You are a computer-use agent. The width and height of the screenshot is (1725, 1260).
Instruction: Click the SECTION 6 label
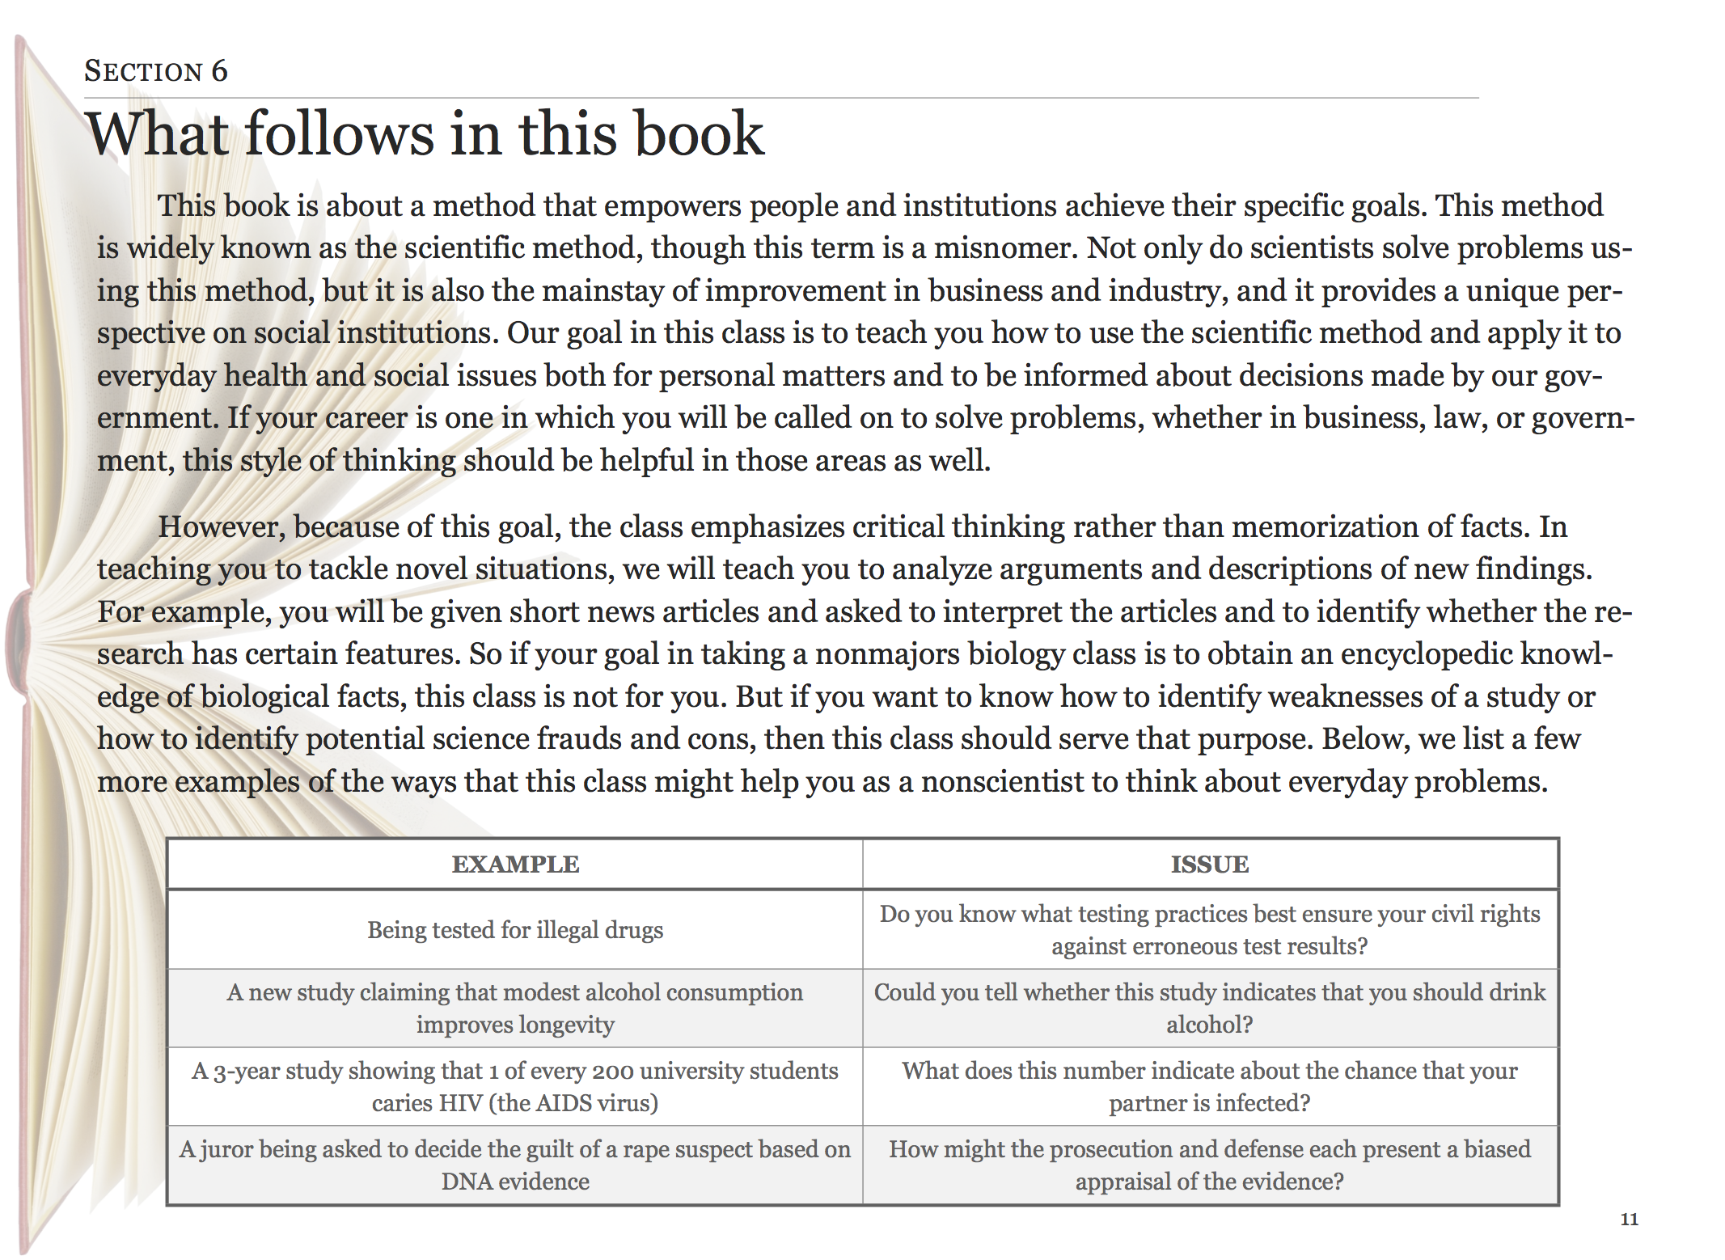coord(156,71)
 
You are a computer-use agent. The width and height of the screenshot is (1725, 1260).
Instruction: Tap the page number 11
coord(1629,1219)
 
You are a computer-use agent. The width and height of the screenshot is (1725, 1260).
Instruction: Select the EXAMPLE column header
coord(515,865)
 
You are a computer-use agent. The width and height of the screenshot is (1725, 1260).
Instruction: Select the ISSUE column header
coord(1210,865)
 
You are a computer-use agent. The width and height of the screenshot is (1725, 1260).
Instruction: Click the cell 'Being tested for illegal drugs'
coord(515,930)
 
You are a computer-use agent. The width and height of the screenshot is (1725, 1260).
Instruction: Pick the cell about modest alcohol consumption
coord(515,1008)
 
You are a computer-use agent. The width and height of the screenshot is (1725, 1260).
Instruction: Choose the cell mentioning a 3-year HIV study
coord(515,1086)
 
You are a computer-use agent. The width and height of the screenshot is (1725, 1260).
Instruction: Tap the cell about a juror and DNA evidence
coord(515,1165)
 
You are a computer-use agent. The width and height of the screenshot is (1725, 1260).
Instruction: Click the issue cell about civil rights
coord(1210,930)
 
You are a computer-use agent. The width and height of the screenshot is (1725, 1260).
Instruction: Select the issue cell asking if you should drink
coord(1210,1008)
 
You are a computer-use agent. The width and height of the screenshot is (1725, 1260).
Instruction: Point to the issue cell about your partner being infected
coord(1210,1086)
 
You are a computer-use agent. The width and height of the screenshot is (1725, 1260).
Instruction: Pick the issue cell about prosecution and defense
coord(1210,1165)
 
